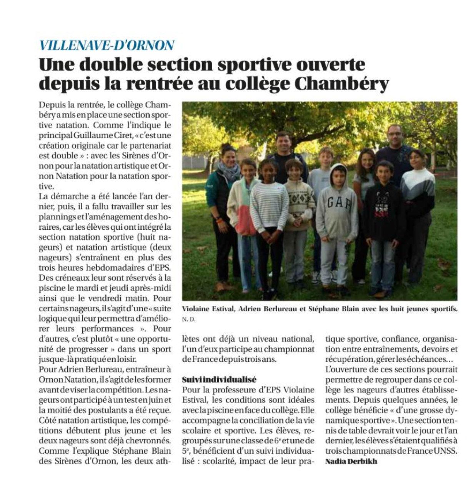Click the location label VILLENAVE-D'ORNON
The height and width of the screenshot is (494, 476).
click(107, 45)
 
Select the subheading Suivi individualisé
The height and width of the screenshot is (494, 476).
click(219, 379)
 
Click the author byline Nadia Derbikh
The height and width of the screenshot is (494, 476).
click(351, 461)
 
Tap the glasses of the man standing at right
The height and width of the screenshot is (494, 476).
click(394, 134)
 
